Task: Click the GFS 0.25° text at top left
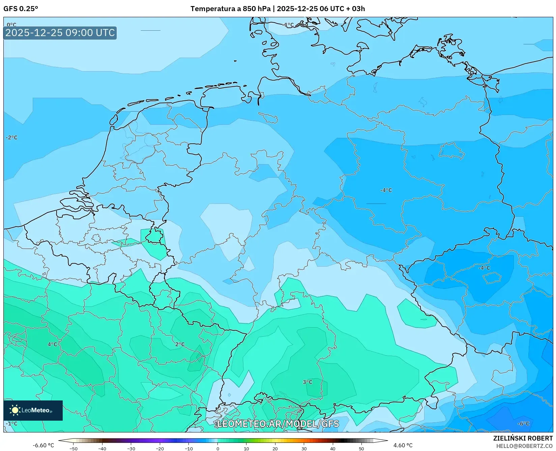tap(21, 9)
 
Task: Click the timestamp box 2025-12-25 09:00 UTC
tap(60, 33)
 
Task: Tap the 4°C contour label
tap(52, 344)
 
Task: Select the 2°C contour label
tap(180, 344)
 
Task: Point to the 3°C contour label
tap(307, 382)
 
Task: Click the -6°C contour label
tap(523, 424)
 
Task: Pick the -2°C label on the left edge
tap(11, 138)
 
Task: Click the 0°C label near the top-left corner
tap(11, 25)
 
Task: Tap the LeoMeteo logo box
tap(33, 410)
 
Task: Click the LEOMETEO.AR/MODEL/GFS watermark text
tap(278, 424)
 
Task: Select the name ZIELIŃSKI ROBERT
tap(523, 438)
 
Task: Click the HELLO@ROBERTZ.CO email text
tap(524, 446)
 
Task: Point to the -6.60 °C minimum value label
tap(43, 445)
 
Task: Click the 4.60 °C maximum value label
tap(403, 445)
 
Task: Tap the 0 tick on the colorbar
tap(217, 449)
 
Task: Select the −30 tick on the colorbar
tap(131, 449)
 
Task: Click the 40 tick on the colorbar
tap(333, 449)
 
